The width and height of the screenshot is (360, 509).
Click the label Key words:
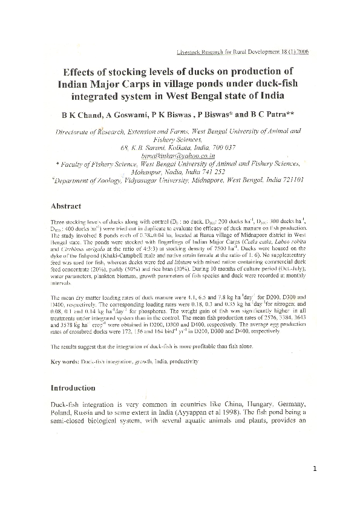pos(65,361)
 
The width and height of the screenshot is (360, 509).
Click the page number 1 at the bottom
pos(315,469)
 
